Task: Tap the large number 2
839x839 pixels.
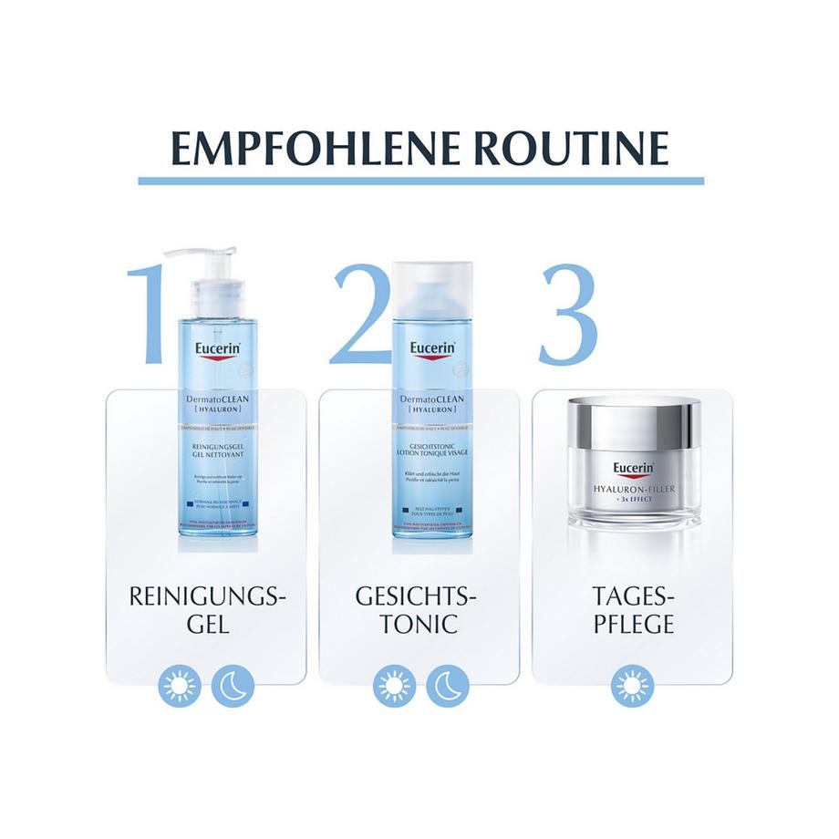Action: (x=360, y=315)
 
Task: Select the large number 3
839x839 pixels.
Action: (x=567, y=315)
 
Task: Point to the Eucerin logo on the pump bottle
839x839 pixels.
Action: (x=217, y=347)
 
